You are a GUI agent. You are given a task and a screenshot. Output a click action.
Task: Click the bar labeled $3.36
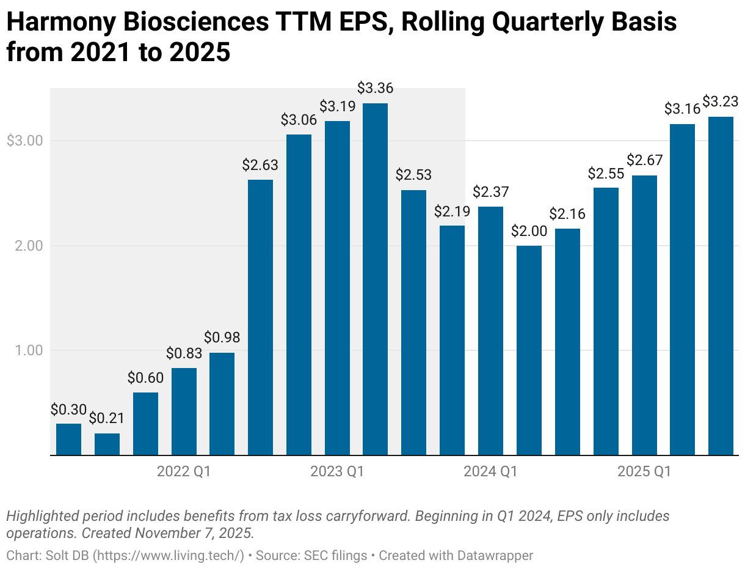[375, 279]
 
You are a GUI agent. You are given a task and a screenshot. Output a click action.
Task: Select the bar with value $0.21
[107, 444]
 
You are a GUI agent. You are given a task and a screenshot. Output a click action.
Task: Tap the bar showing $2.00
[528, 350]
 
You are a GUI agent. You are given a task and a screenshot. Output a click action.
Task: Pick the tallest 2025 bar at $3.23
[721, 285]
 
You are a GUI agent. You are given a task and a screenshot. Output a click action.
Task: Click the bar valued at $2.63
[260, 317]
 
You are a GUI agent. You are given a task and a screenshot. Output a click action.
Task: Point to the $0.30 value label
[68, 409]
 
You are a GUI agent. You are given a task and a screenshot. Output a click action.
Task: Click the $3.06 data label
[299, 120]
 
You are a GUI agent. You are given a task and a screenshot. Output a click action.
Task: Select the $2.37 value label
[490, 192]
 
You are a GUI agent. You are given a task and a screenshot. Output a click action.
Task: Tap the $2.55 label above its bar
[605, 173]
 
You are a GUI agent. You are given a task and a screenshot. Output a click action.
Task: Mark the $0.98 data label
[222, 337]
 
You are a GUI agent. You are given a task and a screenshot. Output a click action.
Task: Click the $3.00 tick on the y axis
[24, 141]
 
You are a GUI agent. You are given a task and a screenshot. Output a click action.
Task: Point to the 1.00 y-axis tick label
[28, 350]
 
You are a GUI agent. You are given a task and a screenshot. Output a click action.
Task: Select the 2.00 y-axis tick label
[28, 246]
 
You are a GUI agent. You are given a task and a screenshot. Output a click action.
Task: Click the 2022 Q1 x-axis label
[183, 472]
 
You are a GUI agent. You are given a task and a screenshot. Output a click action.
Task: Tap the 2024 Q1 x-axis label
[490, 472]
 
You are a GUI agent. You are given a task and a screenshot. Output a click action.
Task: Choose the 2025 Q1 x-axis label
[644, 472]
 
